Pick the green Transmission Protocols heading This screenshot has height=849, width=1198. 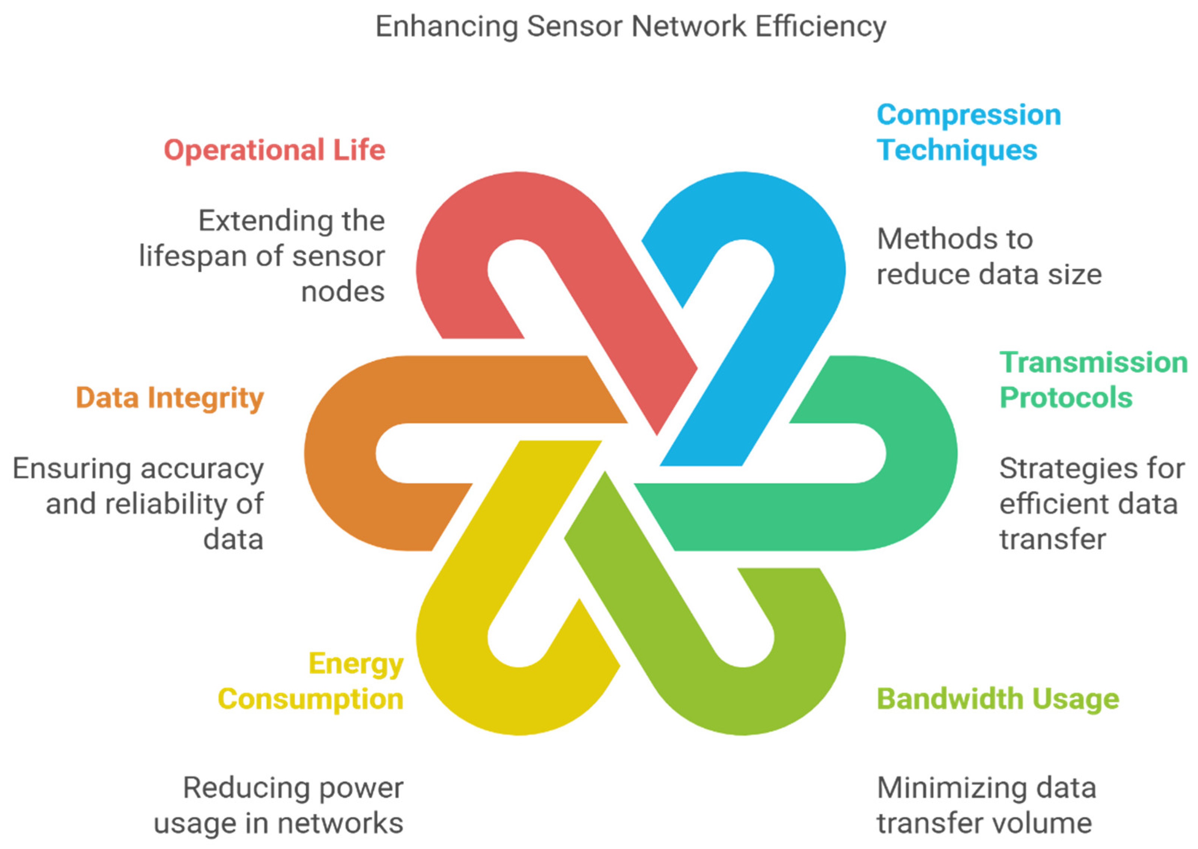click(x=1093, y=380)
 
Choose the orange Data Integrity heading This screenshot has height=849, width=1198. click(x=170, y=398)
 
